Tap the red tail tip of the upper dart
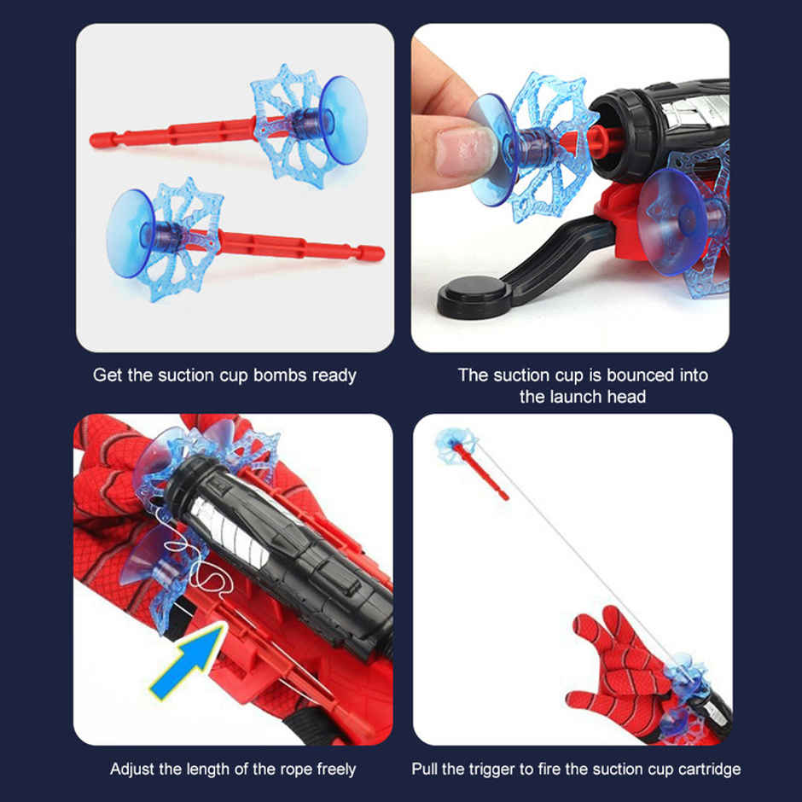click(x=97, y=139)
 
